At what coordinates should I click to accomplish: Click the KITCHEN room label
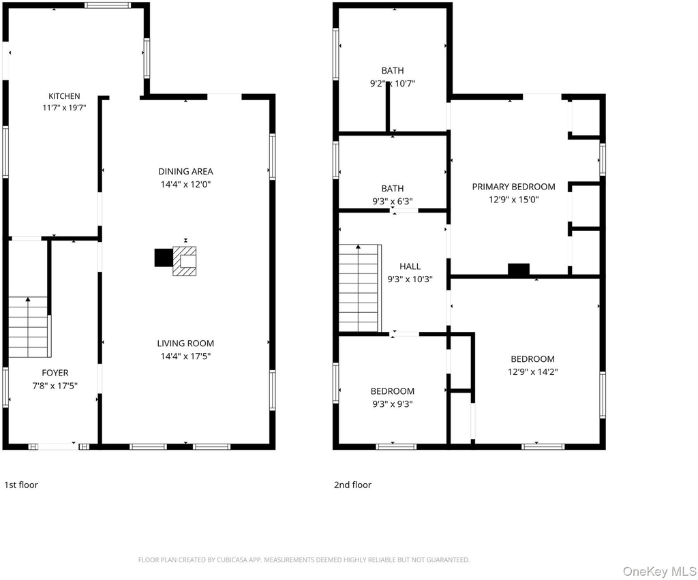[64, 96]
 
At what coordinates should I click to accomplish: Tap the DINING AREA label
[185, 171]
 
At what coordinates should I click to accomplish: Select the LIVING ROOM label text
[185, 344]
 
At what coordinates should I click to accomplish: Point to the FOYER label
[55, 373]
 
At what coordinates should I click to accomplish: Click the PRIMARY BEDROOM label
[514, 187]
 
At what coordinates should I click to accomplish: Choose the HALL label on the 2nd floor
[410, 266]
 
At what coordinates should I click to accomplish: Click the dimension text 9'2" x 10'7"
[393, 83]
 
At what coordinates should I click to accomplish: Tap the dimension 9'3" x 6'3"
[393, 201]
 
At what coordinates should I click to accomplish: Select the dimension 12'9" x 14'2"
[533, 371]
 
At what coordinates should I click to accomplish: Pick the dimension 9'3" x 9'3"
[392, 404]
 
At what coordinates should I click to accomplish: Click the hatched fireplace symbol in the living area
[185, 261]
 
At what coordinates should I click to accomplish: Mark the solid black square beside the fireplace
[164, 258]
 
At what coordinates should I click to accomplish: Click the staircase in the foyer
[28, 326]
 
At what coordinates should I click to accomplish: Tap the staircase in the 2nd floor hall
[359, 288]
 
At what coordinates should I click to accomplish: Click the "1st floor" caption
[21, 485]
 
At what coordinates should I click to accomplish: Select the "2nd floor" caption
[352, 485]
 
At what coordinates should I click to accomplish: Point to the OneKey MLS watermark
[659, 571]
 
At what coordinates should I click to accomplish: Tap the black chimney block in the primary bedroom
[519, 269]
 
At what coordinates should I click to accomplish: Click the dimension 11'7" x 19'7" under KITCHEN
[64, 108]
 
